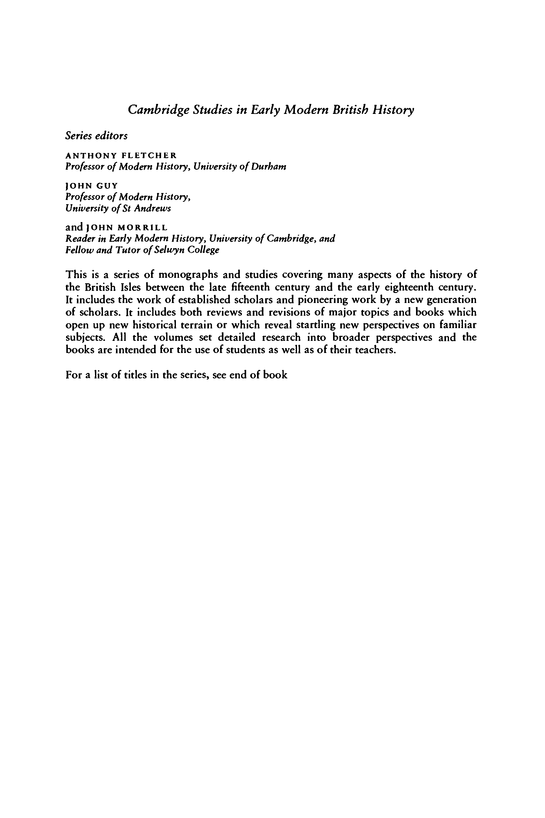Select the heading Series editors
tap(96, 136)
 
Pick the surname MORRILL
tap(143, 228)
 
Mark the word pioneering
tap(322, 300)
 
